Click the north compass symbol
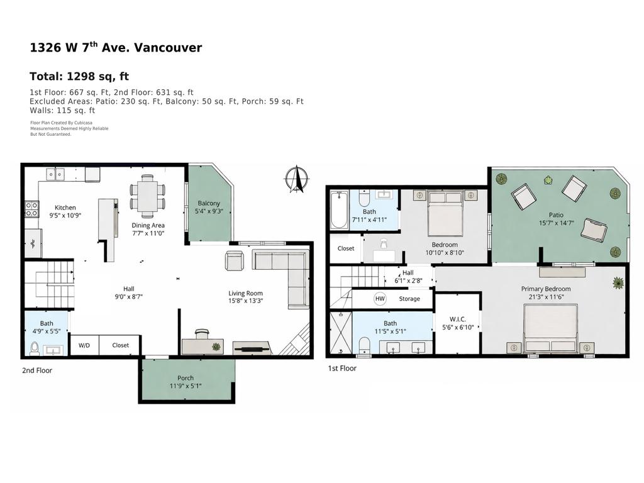coord(297,179)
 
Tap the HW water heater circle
coord(380,299)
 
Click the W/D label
coord(83,345)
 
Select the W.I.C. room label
coord(457,319)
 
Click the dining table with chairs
coord(148,196)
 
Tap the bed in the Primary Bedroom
coord(551,328)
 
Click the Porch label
coord(186,378)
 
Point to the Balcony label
coord(209,203)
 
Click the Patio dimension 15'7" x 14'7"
coord(555,223)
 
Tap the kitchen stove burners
coord(31,209)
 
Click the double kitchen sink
coord(55,174)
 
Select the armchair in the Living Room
coord(234,260)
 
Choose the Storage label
coord(409,299)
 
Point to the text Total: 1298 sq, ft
coord(79,77)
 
